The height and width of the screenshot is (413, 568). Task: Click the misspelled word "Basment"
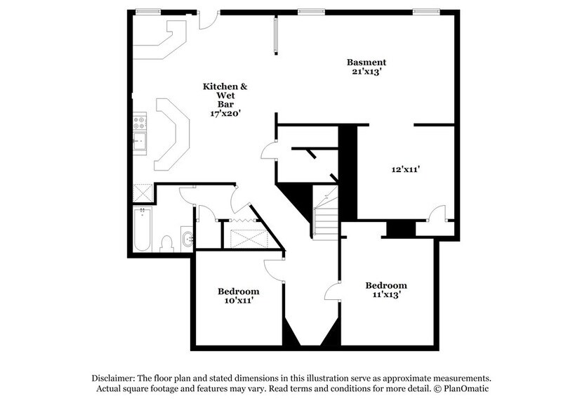[366, 62]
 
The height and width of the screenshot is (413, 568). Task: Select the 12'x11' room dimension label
[405, 169]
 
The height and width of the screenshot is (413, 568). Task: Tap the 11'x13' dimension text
[386, 295]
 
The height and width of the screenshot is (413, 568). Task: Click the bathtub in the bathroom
[142, 230]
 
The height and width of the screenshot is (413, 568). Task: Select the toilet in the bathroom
[166, 243]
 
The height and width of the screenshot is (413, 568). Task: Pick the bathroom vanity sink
[187, 240]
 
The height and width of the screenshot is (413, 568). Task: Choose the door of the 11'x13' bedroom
[333, 291]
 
